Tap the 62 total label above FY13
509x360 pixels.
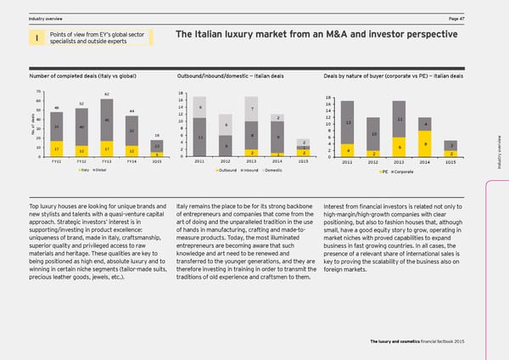coord(107,94)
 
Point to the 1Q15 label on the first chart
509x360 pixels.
coord(157,160)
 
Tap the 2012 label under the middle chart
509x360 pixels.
coord(226,160)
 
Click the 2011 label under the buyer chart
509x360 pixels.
coord(348,160)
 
